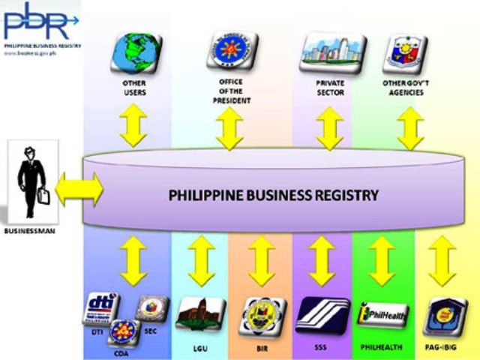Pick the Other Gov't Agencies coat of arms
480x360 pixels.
click(x=409, y=50)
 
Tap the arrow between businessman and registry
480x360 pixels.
click(x=79, y=189)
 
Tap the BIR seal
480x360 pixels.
click(x=262, y=316)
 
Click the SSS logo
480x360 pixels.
click(x=322, y=316)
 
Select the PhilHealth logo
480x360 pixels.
click(x=382, y=316)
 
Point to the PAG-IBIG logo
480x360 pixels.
click(x=442, y=316)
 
